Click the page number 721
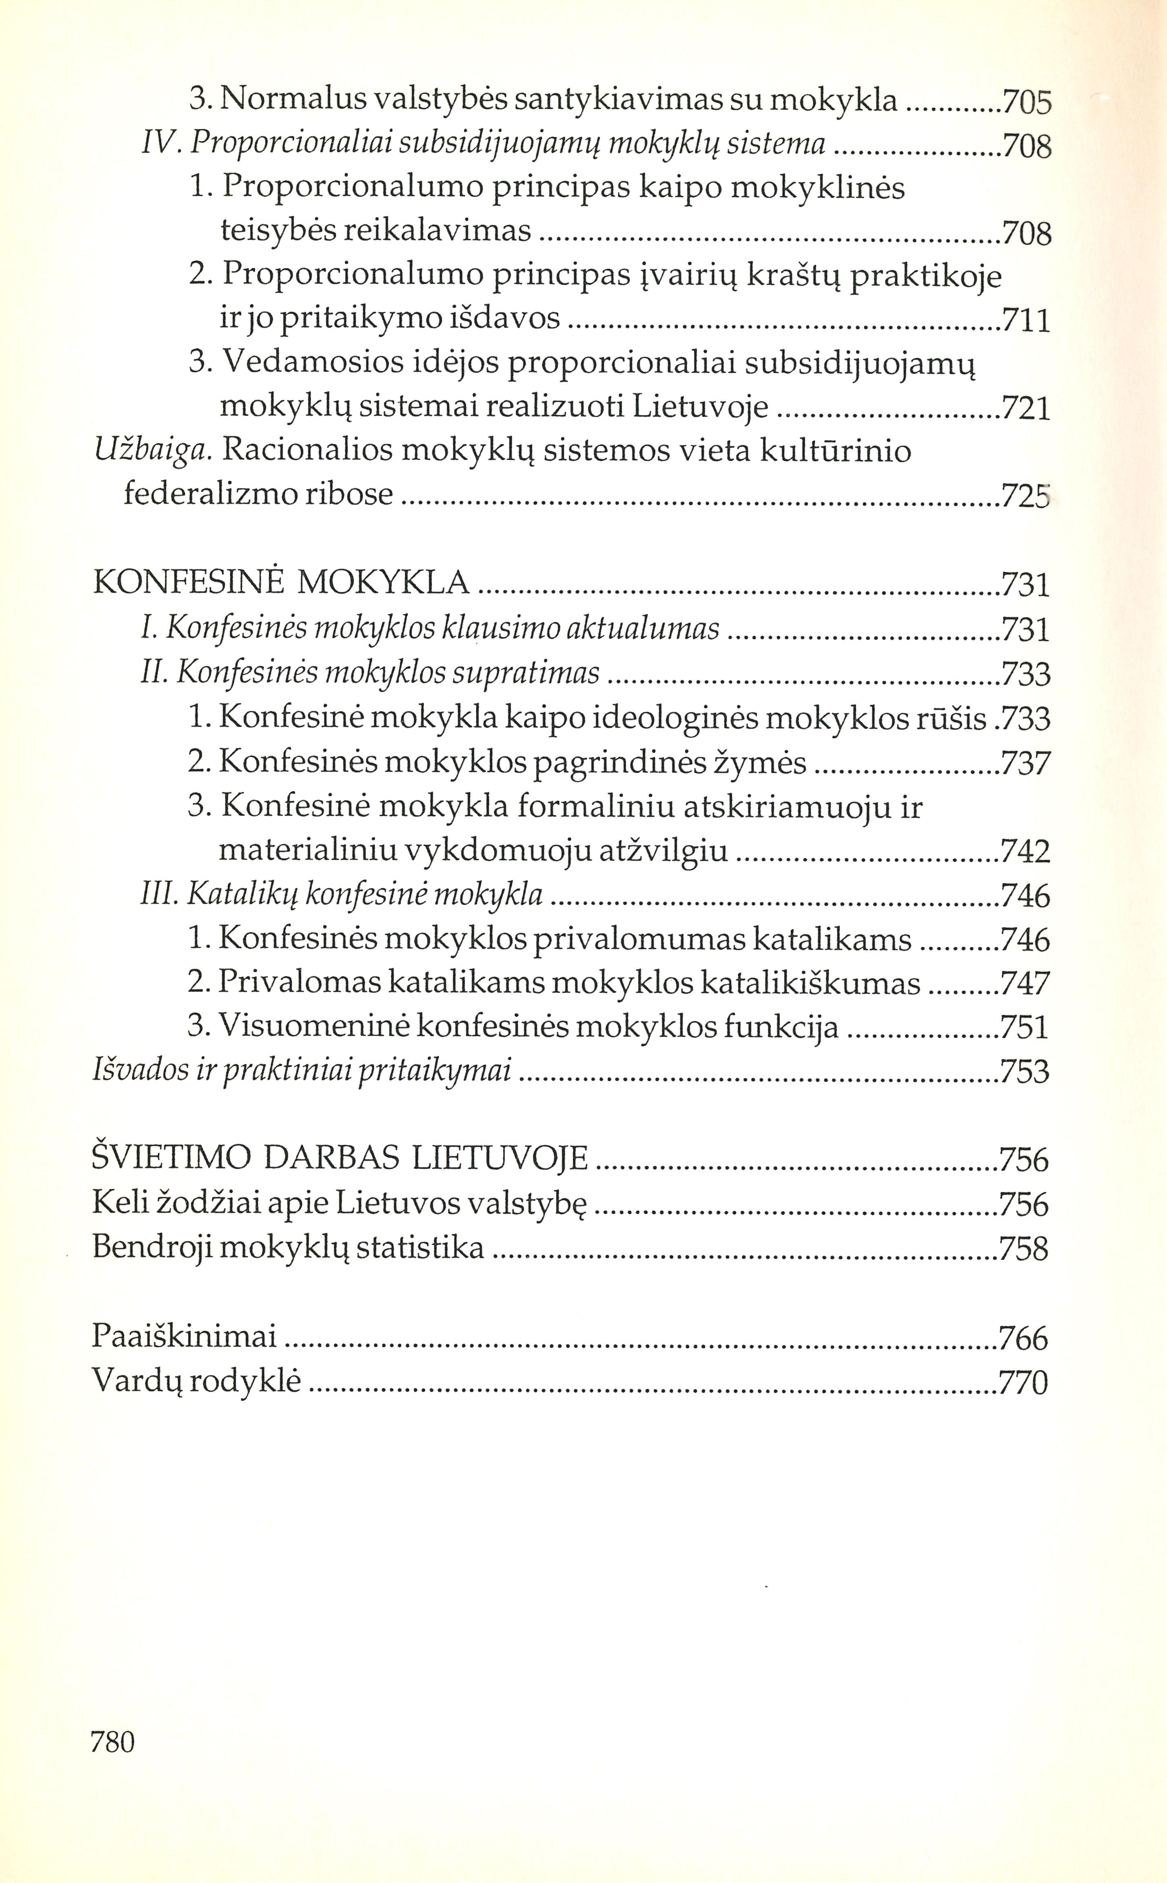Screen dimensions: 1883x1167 pos(1026,407)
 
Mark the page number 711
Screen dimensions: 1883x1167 pos(1026,320)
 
